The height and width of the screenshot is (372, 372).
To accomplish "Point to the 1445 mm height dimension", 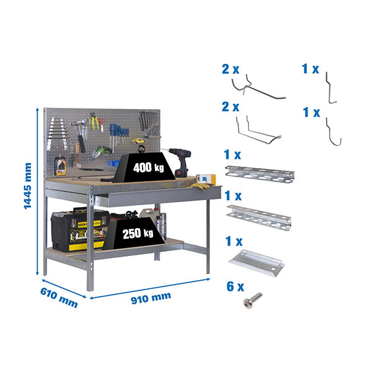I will (x=27, y=186).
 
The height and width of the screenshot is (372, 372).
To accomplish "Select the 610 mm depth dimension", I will (x=59, y=296).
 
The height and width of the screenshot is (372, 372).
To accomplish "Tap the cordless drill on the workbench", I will (x=180, y=161).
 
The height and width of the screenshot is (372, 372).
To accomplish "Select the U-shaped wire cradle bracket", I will (x=257, y=132).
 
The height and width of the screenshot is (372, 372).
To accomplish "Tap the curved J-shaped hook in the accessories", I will (x=334, y=133).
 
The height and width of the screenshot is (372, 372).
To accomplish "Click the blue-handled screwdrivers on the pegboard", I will (x=119, y=132).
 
